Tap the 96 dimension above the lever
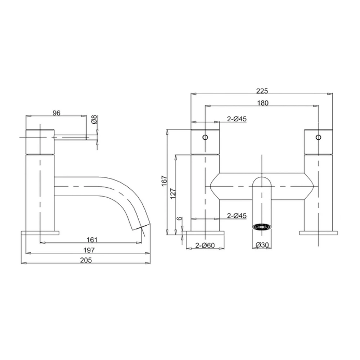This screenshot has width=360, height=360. [x=56, y=113]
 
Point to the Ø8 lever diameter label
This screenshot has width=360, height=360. [x=94, y=120]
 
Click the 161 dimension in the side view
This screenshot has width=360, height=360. [x=92, y=239]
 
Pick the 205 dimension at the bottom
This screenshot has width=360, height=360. [x=87, y=260]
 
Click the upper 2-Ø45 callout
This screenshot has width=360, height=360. [x=237, y=119]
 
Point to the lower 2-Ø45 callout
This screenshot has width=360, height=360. [x=237, y=216]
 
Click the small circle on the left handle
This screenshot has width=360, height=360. [x=205, y=137]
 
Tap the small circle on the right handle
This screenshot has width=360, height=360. [x=318, y=137]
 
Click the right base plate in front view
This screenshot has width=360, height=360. [x=319, y=233]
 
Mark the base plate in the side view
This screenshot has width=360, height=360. [x=40, y=233]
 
